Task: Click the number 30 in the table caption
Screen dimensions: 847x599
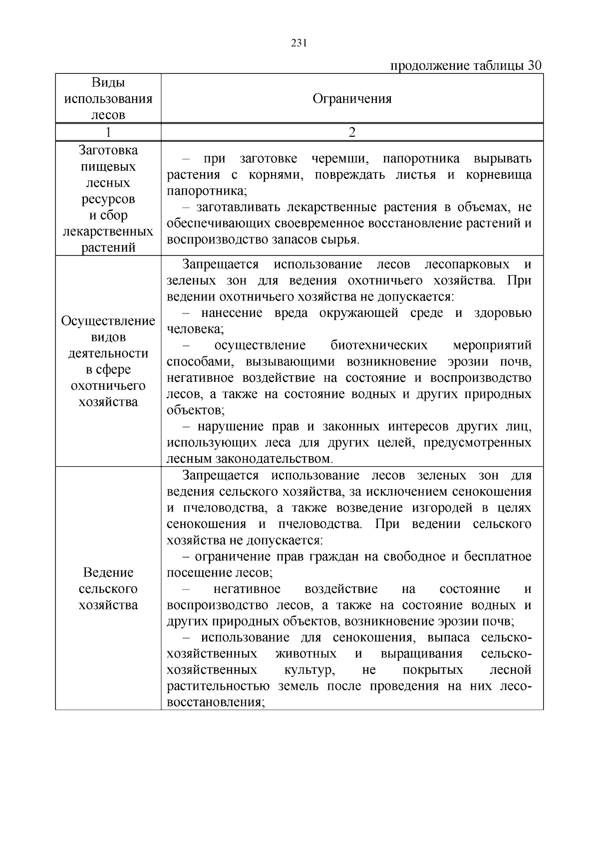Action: click(534, 66)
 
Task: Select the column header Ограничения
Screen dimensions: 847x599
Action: click(352, 99)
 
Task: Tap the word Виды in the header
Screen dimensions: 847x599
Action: click(108, 83)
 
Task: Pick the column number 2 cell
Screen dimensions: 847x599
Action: click(352, 132)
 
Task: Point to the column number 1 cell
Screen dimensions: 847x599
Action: click(108, 132)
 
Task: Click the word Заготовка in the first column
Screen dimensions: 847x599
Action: click(108, 150)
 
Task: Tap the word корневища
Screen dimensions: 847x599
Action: click(499, 175)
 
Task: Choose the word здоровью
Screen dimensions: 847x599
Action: click(503, 313)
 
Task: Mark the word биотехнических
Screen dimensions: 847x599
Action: click(379, 345)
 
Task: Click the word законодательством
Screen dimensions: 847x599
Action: click(274, 459)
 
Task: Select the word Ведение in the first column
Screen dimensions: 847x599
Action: click(108, 572)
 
